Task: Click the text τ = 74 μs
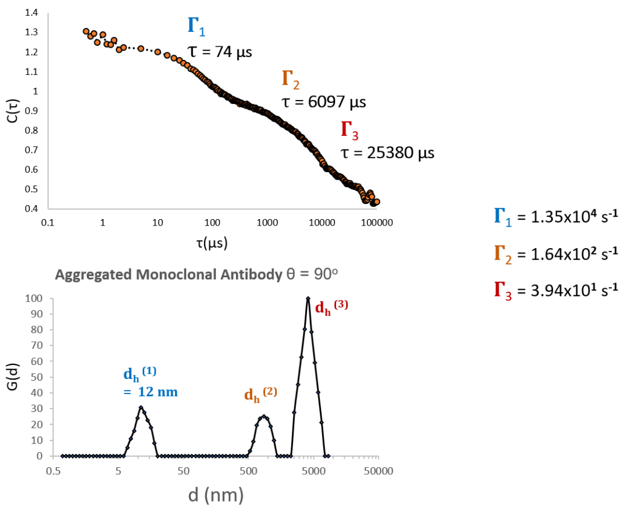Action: [x=219, y=52]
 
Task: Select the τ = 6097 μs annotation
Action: [x=323, y=103]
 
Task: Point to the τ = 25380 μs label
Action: [x=387, y=153]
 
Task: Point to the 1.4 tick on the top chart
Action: [x=32, y=13]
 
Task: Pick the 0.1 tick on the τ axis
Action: [x=48, y=222]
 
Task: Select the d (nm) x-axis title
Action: [x=216, y=496]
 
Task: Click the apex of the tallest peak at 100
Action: [x=308, y=299]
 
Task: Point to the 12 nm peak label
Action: [x=150, y=392]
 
